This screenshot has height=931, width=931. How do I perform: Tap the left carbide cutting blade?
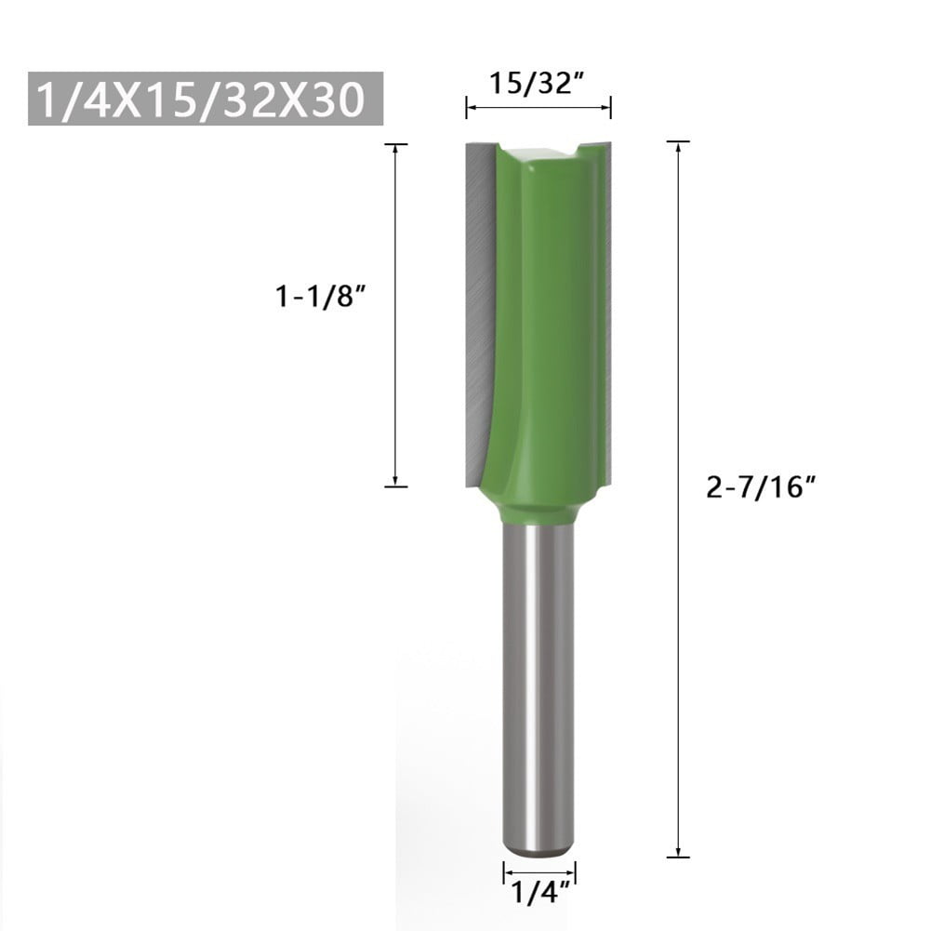tap(479, 307)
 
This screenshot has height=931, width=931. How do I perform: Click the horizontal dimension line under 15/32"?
tap(538, 108)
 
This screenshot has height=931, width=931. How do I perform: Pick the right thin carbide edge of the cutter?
tap(608, 307)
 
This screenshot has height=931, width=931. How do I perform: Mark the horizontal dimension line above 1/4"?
tap(539, 872)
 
